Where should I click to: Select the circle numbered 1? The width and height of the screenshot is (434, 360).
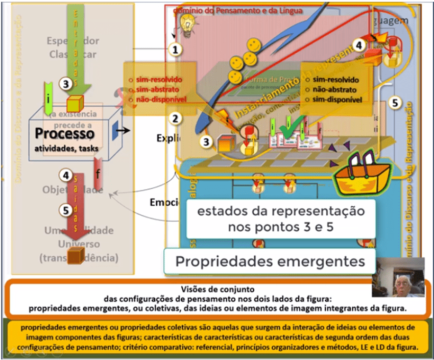click(176, 50)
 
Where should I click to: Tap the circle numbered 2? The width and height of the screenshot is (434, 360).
click(176, 119)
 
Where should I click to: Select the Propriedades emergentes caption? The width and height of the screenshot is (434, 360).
click(270, 261)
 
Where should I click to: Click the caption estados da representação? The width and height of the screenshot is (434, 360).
click(281, 211)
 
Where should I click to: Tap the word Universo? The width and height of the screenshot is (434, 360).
click(79, 244)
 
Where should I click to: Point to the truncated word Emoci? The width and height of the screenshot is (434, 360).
click(162, 202)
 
